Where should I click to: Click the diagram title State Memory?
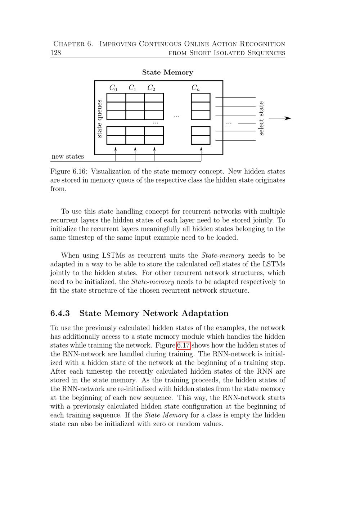pos(167,72)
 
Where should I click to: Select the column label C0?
pos(113,88)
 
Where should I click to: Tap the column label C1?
pos(132,88)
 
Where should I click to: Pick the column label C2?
pos(151,88)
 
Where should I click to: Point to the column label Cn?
pos(195,88)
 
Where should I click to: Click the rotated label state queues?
pos(100,119)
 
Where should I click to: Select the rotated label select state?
pos(261,118)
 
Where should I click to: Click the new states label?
pos(68,157)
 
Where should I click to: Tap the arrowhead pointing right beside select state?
pos(288,118)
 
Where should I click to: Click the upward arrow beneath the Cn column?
pos(201,149)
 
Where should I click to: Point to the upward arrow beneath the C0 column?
pos(116,149)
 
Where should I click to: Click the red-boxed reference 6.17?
pos(183,346)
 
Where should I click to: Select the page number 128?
pos(55,53)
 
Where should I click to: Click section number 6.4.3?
pos(60,313)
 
